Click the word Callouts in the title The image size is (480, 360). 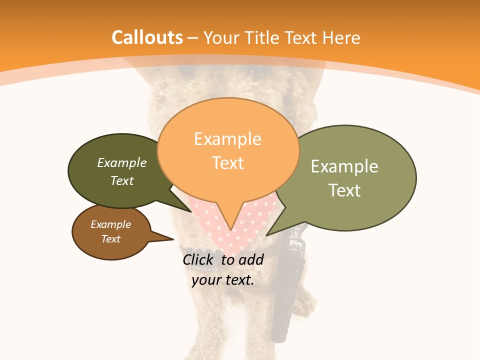click(x=147, y=37)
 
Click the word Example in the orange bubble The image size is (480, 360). click(x=227, y=139)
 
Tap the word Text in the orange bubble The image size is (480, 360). click(x=228, y=163)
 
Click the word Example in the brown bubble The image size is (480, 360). click(x=110, y=224)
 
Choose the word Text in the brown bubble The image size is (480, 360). click(x=110, y=239)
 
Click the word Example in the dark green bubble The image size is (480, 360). click(x=121, y=162)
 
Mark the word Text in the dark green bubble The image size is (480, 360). click(x=122, y=180)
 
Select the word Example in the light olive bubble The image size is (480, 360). click(x=344, y=166)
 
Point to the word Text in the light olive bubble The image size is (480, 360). click(x=344, y=190)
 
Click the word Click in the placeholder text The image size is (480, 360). click(x=198, y=259)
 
